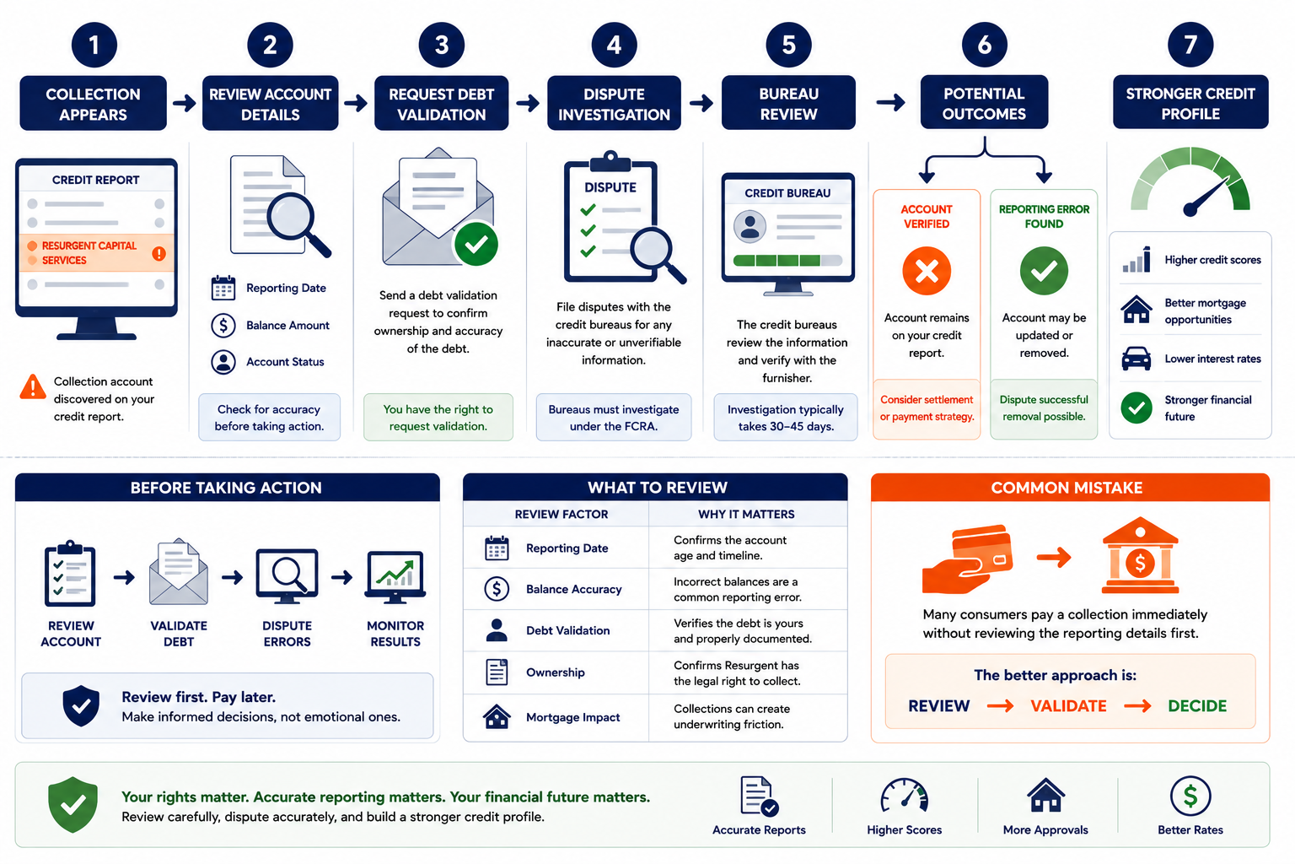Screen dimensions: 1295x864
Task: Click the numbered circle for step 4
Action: pyautogui.click(x=614, y=45)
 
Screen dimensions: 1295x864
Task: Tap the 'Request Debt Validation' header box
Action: pyautogui.click(x=441, y=103)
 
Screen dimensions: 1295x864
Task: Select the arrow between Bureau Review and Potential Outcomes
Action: pyautogui.click(x=890, y=102)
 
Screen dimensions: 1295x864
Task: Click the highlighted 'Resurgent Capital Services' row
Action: pyautogui.click(x=97, y=253)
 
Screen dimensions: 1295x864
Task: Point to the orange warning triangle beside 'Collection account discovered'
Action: pyautogui.click(x=33, y=386)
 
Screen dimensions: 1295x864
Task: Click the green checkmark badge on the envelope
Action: pyautogui.click(x=476, y=244)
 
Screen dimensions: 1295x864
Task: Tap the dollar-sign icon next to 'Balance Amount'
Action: pyautogui.click(x=223, y=325)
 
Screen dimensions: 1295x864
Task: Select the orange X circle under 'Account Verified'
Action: pyautogui.click(x=927, y=271)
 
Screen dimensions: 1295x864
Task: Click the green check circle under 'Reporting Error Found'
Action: pyautogui.click(x=1044, y=271)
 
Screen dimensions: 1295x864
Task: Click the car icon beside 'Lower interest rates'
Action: pyautogui.click(x=1136, y=359)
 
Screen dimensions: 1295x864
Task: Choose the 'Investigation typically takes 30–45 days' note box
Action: pyautogui.click(x=785, y=418)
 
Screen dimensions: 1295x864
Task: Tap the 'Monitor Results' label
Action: pyautogui.click(x=395, y=634)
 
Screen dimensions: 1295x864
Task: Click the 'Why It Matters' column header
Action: pyautogui.click(x=746, y=514)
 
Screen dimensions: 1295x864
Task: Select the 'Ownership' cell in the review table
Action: pyautogui.click(x=555, y=672)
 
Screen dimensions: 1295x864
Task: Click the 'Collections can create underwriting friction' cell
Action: pyautogui.click(x=731, y=716)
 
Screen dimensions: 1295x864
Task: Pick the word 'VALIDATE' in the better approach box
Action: pyautogui.click(x=1068, y=706)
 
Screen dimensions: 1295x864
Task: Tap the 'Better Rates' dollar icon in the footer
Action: pyautogui.click(x=1190, y=796)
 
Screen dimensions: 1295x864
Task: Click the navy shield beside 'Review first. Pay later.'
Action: pyautogui.click(x=81, y=706)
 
